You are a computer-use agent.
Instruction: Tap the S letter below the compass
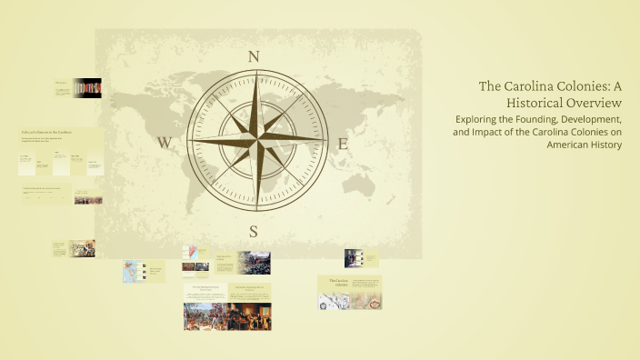click(x=254, y=231)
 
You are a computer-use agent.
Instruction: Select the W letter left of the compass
click(x=165, y=143)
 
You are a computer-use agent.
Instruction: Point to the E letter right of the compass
click(x=343, y=143)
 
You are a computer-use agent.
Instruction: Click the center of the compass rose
click(x=254, y=142)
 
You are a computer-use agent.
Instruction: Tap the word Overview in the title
click(x=595, y=104)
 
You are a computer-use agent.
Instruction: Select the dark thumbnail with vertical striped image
click(x=87, y=87)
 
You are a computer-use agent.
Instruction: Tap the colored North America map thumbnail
click(x=134, y=272)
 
